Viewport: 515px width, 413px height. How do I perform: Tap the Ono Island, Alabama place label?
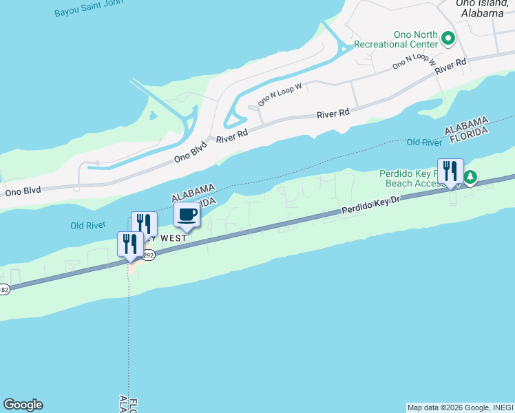click(480, 8)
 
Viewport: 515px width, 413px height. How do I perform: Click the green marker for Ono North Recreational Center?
click(448, 38)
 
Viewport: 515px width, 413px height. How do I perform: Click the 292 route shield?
click(149, 255)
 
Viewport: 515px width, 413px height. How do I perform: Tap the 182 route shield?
click(3, 289)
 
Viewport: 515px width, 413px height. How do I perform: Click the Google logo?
click(23, 405)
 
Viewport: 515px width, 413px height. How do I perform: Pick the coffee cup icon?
click(187, 215)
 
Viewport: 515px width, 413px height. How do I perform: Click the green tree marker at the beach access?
click(470, 178)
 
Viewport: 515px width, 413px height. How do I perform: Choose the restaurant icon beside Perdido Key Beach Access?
click(450, 171)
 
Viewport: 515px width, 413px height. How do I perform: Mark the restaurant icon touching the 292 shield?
click(131, 244)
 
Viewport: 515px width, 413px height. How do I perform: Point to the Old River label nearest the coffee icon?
click(87, 225)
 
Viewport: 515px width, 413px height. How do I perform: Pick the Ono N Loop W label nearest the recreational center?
click(415, 61)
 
